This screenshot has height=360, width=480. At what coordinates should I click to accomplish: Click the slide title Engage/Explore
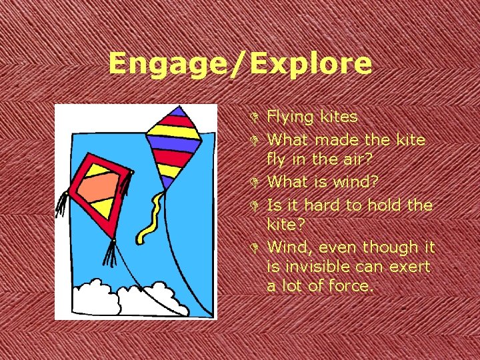click(x=240, y=64)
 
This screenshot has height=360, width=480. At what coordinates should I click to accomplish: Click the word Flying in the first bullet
click(x=290, y=117)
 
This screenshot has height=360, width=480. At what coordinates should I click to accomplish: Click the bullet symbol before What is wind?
click(x=257, y=183)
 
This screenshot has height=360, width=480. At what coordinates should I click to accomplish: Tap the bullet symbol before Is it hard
click(x=257, y=205)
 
